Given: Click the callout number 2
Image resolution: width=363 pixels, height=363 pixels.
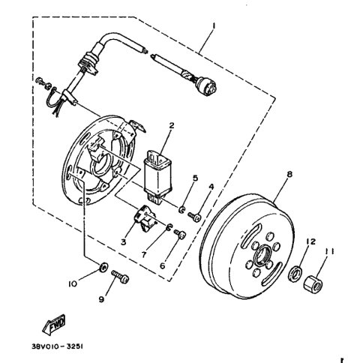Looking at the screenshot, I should [171, 125].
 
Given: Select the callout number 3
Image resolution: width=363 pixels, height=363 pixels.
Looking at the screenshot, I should [124, 241].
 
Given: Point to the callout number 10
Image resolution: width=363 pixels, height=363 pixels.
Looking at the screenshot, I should [73, 284].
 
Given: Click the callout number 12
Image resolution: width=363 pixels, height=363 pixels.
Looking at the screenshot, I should [309, 242].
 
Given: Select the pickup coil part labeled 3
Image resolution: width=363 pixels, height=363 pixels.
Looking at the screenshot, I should [147, 217].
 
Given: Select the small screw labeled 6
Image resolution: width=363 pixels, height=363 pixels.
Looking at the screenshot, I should [179, 235].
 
